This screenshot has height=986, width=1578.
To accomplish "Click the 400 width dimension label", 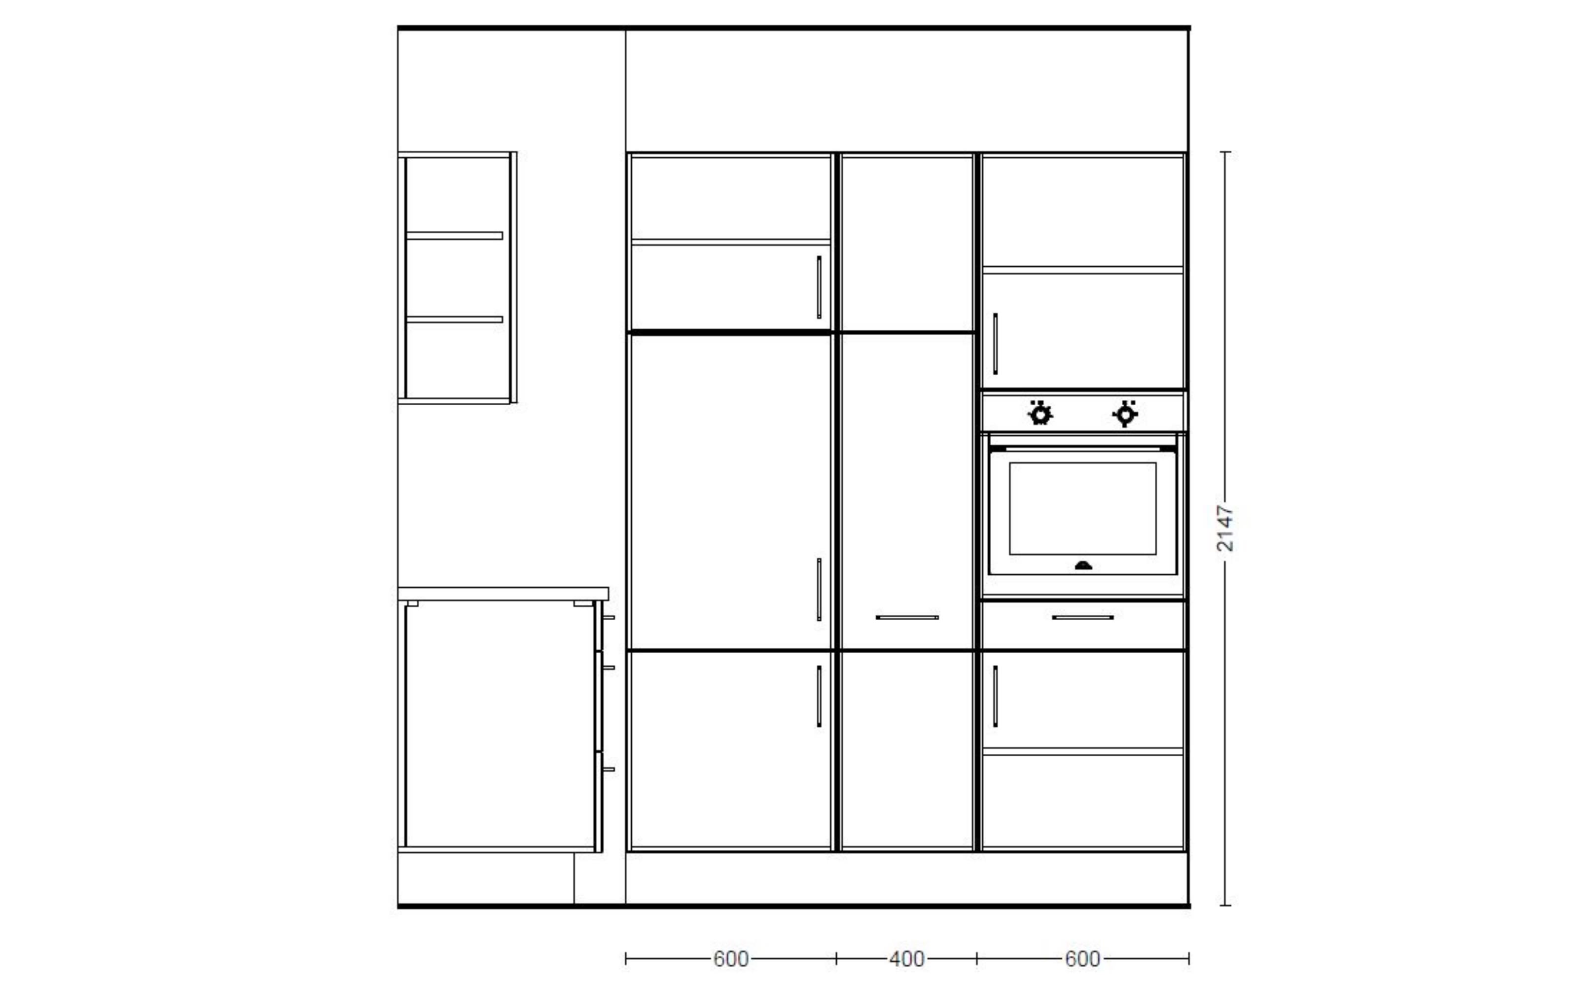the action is coord(906,958).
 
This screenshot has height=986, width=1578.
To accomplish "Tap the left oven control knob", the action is coord(1040,414).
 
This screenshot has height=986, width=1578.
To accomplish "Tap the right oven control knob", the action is coord(1125,414).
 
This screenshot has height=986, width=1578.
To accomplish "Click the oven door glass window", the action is coord(1082,509).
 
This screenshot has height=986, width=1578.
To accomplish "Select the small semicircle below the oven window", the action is coord(1083,565).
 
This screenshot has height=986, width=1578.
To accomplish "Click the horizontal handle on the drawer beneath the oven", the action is coord(1082,617).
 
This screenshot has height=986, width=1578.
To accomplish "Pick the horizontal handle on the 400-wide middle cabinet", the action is coord(907,617).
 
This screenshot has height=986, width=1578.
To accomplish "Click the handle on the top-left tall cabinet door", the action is coord(819,287).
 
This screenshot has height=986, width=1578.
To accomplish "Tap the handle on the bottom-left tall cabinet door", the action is coord(819,696).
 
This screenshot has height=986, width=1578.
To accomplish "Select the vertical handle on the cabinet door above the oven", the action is coord(995,344).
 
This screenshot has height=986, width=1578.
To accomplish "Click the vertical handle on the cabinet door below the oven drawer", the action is coord(995,696).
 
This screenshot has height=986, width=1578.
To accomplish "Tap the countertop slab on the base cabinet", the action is coord(503,594).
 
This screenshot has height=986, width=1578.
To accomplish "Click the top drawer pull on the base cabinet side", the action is coord(609,617).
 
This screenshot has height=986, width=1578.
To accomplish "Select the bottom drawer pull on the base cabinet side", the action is coord(609,770).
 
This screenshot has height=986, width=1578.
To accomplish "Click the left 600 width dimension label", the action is coord(730,958).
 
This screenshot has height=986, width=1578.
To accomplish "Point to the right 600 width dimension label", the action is coord(1082,958).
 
